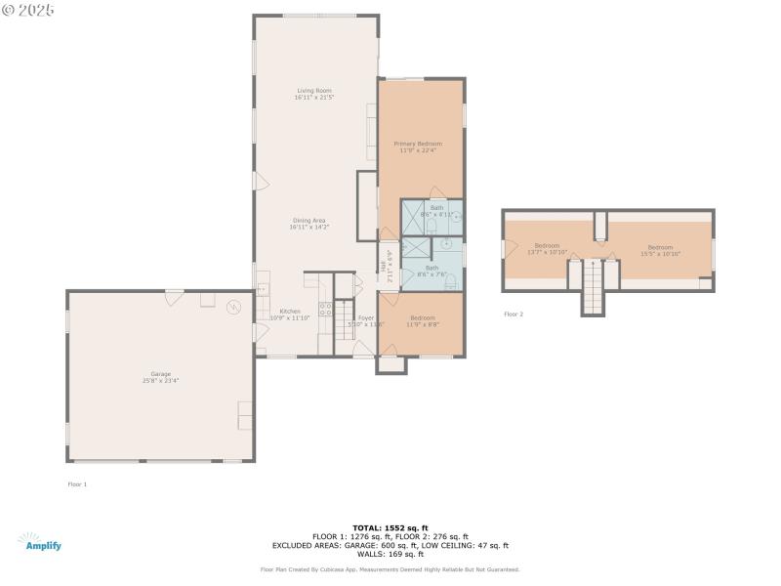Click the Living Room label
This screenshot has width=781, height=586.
pyautogui.click(x=314, y=94)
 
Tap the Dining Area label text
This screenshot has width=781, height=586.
pyautogui.click(x=308, y=224)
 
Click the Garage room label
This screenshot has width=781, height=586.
pyautogui.click(x=161, y=377)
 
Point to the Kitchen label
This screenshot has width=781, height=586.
pyautogui.click(x=290, y=314)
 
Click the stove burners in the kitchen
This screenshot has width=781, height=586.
pyautogui.click(x=326, y=312)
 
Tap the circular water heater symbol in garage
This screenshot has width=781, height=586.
pyautogui.click(x=234, y=307)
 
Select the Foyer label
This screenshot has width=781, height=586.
pyautogui.click(x=366, y=320)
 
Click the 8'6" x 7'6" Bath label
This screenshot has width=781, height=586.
pyautogui.click(x=432, y=271)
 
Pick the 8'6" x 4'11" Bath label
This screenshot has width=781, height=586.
pyautogui.click(x=436, y=210)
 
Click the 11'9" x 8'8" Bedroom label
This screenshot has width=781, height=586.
pyautogui.click(x=423, y=320)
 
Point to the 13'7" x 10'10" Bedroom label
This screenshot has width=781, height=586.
pyautogui.click(x=547, y=248)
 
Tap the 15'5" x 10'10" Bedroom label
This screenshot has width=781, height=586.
pyautogui.click(x=660, y=250)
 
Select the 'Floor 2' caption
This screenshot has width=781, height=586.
pyautogui.click(x=514, y=314)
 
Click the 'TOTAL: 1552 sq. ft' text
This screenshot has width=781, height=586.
pyautogui.click(x=390, y=527)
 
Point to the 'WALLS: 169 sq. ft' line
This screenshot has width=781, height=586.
pyautogui.click(x=390, y=554)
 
